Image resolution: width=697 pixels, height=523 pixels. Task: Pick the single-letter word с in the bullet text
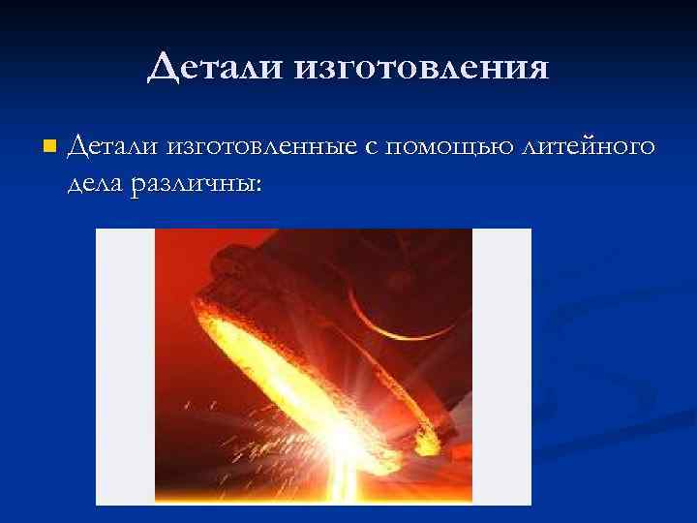click(371, 149)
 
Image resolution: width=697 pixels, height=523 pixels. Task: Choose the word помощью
click(446, 149)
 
